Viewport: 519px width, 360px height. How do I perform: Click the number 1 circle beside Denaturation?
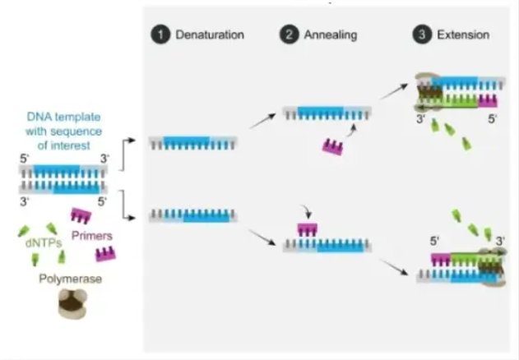[159, 35]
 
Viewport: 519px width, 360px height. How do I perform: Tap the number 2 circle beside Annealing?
[289, 35]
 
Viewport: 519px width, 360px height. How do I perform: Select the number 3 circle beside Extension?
[422, 35]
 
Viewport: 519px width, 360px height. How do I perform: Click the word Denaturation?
[210, 35]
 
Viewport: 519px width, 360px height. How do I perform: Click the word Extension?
[462, 35]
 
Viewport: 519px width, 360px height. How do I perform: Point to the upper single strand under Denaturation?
[192, 142]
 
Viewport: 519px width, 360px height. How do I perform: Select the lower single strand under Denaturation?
[192, 215]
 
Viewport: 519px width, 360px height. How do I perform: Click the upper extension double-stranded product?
[458, 91]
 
